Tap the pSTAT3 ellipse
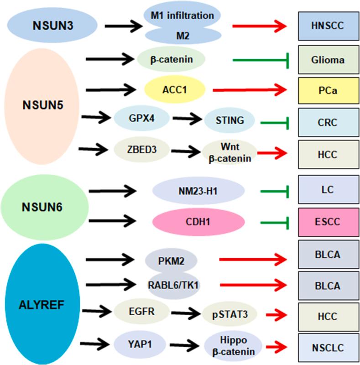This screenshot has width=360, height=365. [x=228, y=314]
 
